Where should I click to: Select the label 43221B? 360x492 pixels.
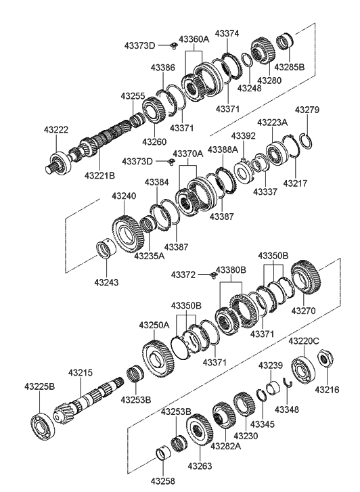[99, 175]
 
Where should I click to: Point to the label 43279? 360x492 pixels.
[307, 110]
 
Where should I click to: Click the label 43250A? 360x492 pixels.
[154, 325]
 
